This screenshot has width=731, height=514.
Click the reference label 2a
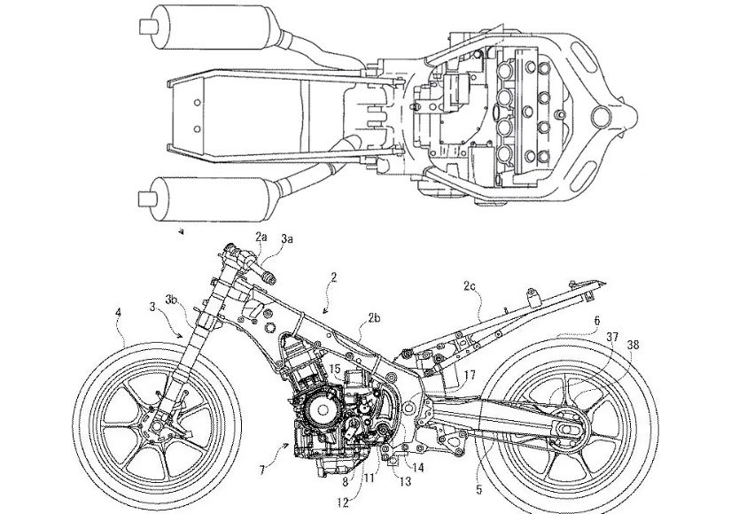(261, 237)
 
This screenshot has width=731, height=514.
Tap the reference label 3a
(287, 238)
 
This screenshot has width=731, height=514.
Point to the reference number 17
(469, 375)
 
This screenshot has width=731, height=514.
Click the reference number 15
(334, 367)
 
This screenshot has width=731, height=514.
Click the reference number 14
(417, 466)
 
